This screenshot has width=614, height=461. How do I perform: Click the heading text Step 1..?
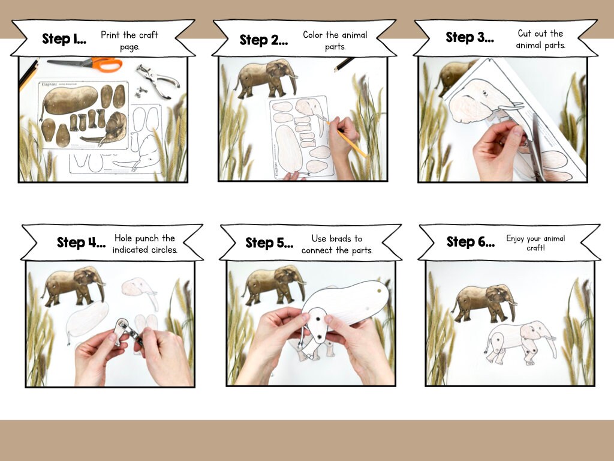64,39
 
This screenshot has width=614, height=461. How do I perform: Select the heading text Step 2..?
263,40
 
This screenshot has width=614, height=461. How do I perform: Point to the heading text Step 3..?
469,37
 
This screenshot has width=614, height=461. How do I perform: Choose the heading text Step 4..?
81,243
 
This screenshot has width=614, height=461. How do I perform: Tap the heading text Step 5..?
269,243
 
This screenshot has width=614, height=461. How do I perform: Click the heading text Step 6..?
471,242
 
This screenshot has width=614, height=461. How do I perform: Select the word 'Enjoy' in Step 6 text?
516,238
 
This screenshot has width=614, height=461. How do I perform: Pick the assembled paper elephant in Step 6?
519,342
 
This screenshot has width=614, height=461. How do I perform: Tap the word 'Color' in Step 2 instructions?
313,35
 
